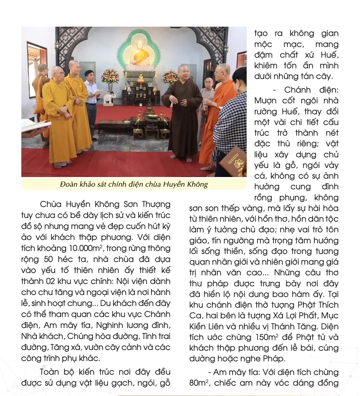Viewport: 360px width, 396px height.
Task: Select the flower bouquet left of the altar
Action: pyautogui.click(x=110, y=76)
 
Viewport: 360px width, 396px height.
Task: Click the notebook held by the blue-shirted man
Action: pyautogui.click(x=97, y=92)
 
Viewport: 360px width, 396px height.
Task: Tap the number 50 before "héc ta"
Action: pyautogui.click(x=49, y=259)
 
